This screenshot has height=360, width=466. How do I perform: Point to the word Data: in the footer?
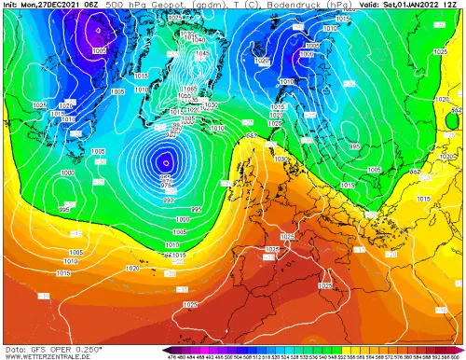tap(12, 347)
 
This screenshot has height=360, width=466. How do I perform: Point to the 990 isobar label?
tap(168, 201)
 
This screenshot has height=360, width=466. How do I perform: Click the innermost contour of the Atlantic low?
tap(165, 159)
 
